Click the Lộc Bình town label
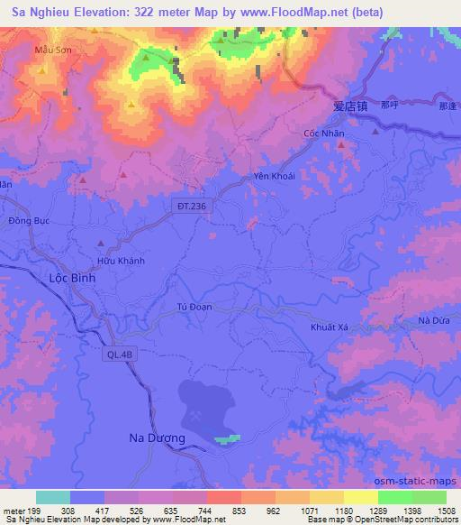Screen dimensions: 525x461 click(x=70, y=280)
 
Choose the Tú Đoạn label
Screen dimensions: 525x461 click(x=194, y=307)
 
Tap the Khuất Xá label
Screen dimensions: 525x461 click(x=328, y=327)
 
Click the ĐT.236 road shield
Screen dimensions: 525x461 click(x=192, y=207)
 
